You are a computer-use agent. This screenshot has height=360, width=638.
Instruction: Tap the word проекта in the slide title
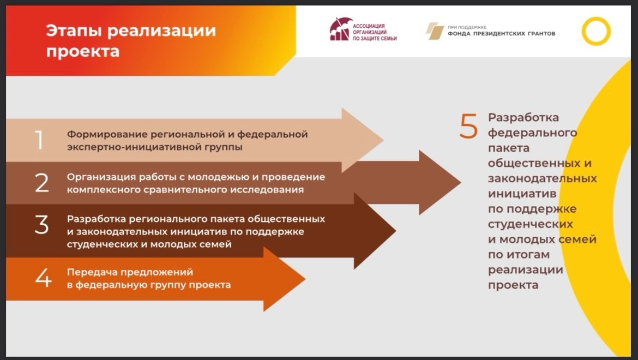[x=82, y=52]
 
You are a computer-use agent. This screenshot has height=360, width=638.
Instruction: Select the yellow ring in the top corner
[x=596, y=31]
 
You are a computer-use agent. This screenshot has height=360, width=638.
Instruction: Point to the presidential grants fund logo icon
[x=435, y=31]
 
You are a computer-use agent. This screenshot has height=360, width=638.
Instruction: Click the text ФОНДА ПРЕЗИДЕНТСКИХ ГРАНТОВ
[x=501, y=34]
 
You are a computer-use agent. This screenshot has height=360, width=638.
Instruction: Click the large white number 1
[x=39, y=140]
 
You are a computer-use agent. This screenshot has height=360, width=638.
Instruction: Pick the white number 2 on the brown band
[x=42, y=183]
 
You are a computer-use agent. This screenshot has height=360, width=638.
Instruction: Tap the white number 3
[x=41, y=225]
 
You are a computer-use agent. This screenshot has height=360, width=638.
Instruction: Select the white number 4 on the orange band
[x=43, y=278]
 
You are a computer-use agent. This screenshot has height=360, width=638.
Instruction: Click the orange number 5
[x=469, y=126]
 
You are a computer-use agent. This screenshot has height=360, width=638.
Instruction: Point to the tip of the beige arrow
[x=383, y=140]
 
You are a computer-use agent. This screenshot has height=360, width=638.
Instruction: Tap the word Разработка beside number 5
[x=523, y=118]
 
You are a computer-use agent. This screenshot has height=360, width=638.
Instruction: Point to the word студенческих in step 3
[x=104, y=245]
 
